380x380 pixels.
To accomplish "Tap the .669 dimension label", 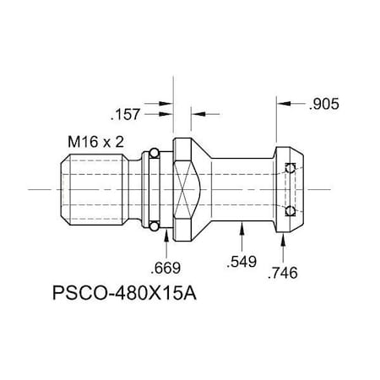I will (x=166, y=269).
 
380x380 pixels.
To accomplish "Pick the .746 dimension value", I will (x=283, y=273).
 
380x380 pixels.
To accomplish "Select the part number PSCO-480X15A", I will (x=127, y=298).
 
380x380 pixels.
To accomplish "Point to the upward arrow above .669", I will (x=166, y=241).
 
